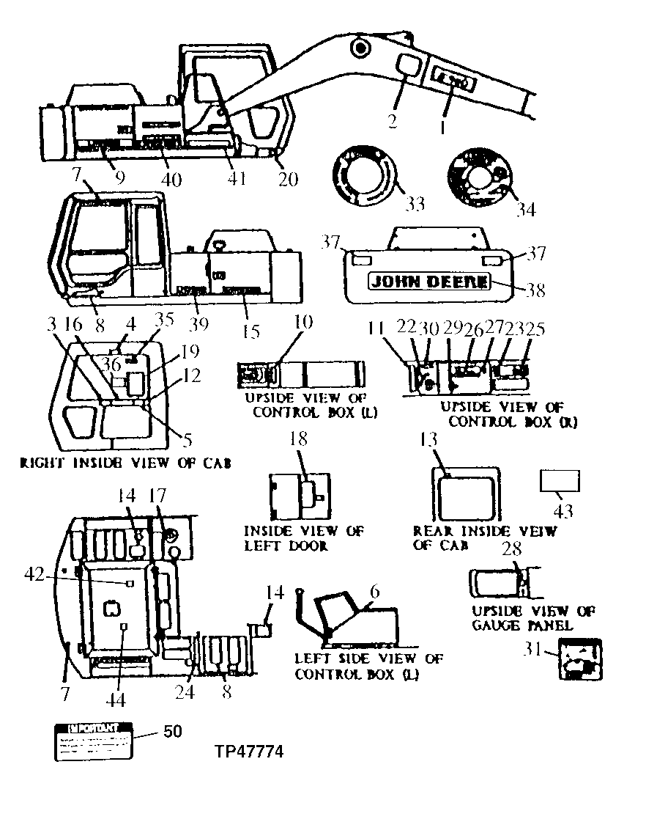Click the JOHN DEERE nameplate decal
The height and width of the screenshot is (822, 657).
428,282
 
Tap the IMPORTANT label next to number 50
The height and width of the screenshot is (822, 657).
92,741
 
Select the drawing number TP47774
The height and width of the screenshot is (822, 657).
249,752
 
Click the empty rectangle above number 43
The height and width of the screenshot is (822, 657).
560,481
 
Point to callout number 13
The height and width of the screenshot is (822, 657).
428,440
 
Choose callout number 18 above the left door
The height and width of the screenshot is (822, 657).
299,439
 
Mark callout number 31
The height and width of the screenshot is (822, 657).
535,647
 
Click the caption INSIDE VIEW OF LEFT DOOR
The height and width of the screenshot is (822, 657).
303,537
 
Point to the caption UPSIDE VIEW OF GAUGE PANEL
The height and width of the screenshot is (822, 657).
533,619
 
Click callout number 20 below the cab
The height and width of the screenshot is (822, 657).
288,177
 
